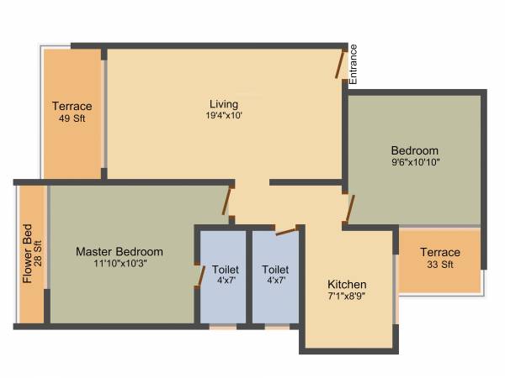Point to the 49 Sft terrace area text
point(72,118)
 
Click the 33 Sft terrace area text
point(440,265)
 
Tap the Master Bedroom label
point(120,251)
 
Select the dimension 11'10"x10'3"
point(120,263)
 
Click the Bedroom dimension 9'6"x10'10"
point(415,161)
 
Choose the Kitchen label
point(347,284)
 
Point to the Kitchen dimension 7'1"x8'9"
point(347,296)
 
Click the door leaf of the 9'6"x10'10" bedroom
point(350,207)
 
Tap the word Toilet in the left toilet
point(226,270)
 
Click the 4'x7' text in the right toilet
point(275,281)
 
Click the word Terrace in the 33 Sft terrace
point(440,252)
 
